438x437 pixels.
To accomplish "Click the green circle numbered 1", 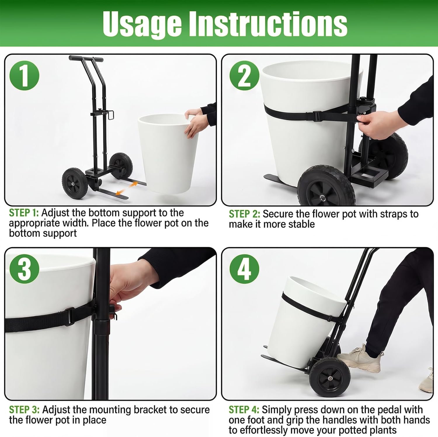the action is click(x=25, y=75).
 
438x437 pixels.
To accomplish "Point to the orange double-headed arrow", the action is click(x=126, y=188).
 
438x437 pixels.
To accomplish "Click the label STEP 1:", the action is click(x=24, y=213).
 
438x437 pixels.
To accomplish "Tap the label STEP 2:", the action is click(x=244, y=214).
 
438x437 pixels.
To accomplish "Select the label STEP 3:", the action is click(x=24, y=410).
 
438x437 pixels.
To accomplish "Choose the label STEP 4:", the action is click(x=244, y=410).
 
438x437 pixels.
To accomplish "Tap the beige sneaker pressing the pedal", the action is click(x=360, y=358).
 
